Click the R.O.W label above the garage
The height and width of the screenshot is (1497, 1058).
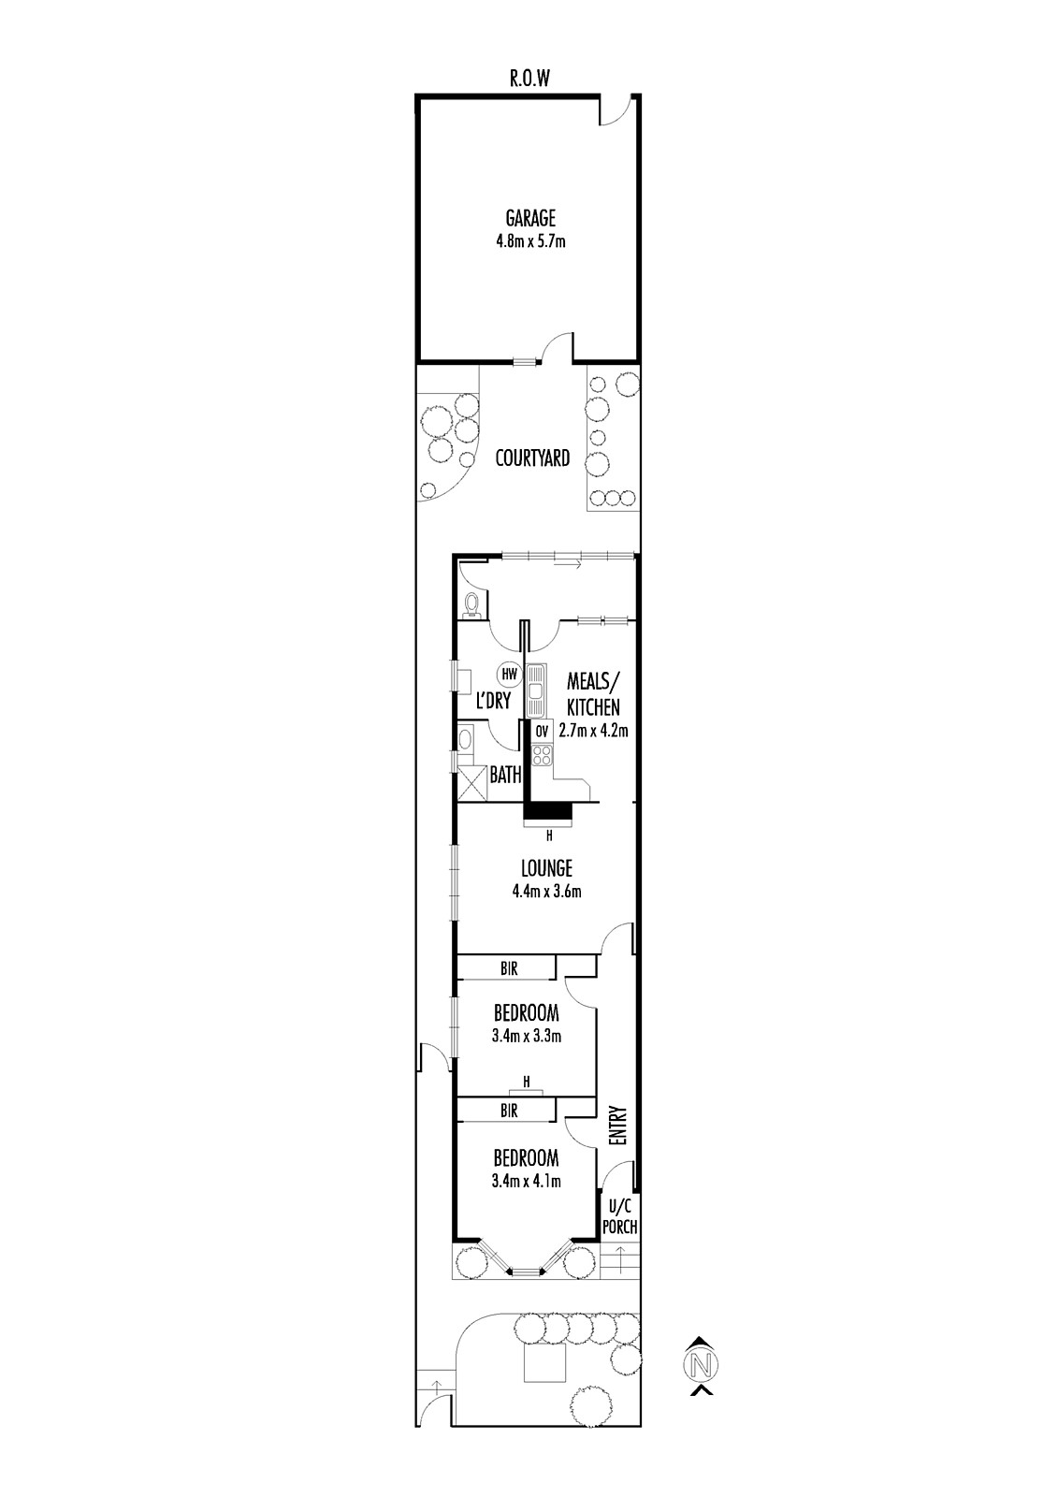coord(530,79)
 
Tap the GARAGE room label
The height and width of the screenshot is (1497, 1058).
coord(530,218)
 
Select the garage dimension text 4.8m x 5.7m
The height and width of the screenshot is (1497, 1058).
coord(530,240)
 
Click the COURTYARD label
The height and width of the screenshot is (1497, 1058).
coord(532,458)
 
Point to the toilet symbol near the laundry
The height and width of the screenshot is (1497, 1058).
coord(471,603)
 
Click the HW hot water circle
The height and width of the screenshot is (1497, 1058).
coord(509,675)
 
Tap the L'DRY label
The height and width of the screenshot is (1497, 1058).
coord(493,701)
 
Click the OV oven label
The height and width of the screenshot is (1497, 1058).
coord(542,732)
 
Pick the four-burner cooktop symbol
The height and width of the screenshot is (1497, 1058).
coord(542,755)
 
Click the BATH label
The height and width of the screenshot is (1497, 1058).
coord(505,776)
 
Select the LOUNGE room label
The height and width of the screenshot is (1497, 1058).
coord(546,869)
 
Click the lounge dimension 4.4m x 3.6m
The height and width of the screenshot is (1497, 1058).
coord(546,892)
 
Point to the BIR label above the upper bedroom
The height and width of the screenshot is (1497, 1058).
coord(509,968)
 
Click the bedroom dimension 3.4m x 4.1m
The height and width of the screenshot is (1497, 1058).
coord(526,1182)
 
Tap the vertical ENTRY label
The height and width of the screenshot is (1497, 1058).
coord(618,1126)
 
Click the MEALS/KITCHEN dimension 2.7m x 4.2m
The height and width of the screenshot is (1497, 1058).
coord(593,731)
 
